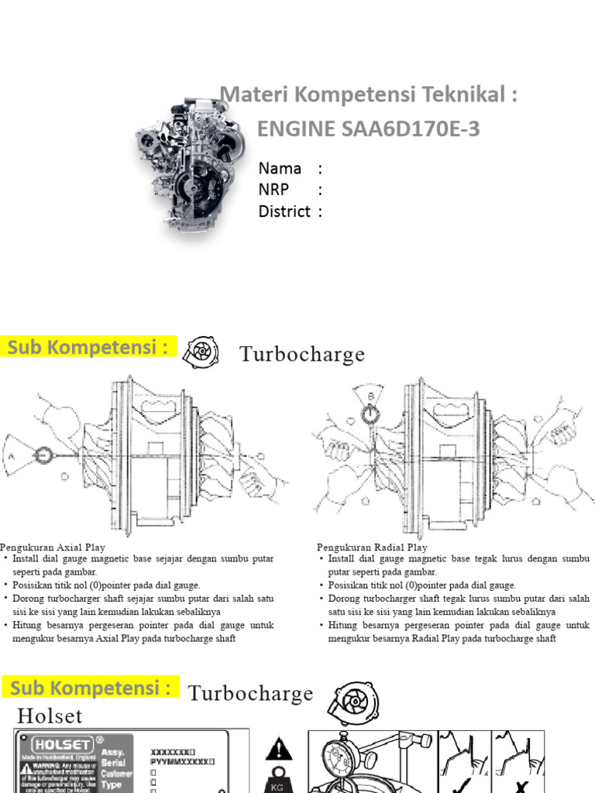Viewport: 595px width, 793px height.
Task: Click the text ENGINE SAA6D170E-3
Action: pos(368,129)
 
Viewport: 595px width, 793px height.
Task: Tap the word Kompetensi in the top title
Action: pos(342,95)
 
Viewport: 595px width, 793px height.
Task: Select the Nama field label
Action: pos(280,169)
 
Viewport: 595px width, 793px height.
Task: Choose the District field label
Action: pos(284,211)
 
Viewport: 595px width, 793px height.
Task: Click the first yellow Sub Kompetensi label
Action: pos(88,348)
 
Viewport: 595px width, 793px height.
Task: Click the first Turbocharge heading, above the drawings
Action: pos(301,355)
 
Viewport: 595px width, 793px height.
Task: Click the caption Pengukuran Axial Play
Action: pos(53,548)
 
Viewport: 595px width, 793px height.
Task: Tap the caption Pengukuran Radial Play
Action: pos(372,548)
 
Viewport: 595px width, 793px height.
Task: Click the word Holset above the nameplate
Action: pos(50,715)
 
